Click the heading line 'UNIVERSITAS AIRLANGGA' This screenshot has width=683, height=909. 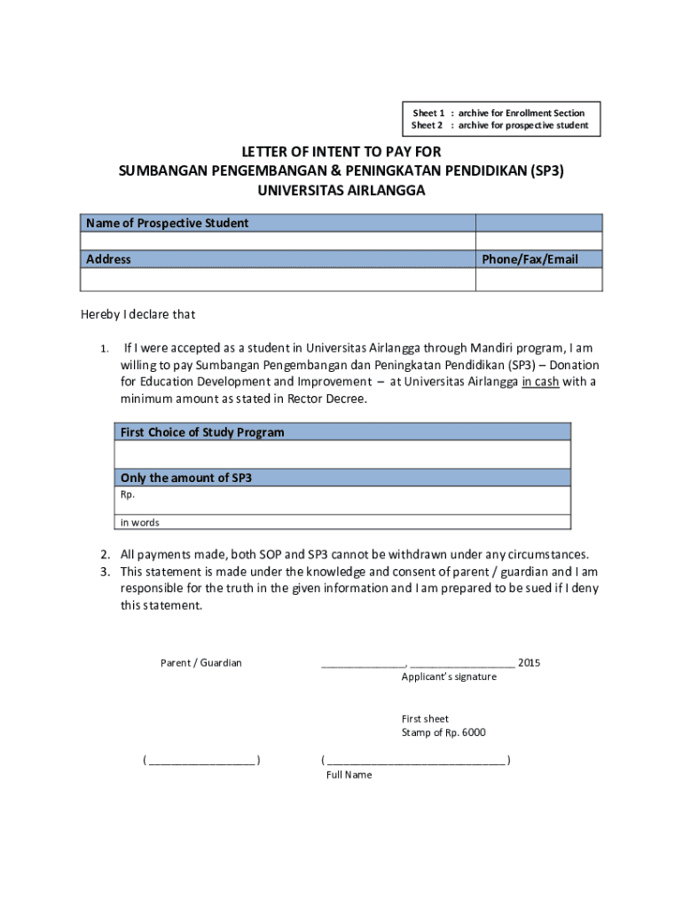pyautogui.click(x=341, y=190)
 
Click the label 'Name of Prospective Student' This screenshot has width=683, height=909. pyautogui.click(x=167, y=223)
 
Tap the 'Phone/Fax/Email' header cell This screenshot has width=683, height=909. pyautogui.click(x=530, y=259)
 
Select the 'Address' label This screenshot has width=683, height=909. pyautogui.click(x=108, y=259)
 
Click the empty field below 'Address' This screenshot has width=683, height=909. pyautogui.click(x=278, y=280)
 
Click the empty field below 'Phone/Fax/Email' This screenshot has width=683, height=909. pyautogui.click(x=538, y=280)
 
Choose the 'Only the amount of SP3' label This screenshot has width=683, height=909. pyautogui.click(x=186, y=478)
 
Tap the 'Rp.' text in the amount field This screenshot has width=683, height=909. pyautogui.click(x=128, y=494)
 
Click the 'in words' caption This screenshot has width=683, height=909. pyautogui.click(x=140, y=523)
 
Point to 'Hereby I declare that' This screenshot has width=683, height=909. pyautogui.click(x=138, y=314)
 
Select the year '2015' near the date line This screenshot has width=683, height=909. pyautogui.click(x=529, y=663)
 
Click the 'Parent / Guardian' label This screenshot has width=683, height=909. pyautogui.click(x=200, y=663)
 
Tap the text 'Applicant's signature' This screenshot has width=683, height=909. pyautogui.click(x=449, y=676)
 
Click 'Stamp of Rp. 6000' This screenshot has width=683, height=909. pyautogui.click(x=444, y=732)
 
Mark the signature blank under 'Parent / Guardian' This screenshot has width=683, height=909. pyautogui.click(x=201, y=761)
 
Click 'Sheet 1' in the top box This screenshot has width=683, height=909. pyautogui.click(x=428, y=113)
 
